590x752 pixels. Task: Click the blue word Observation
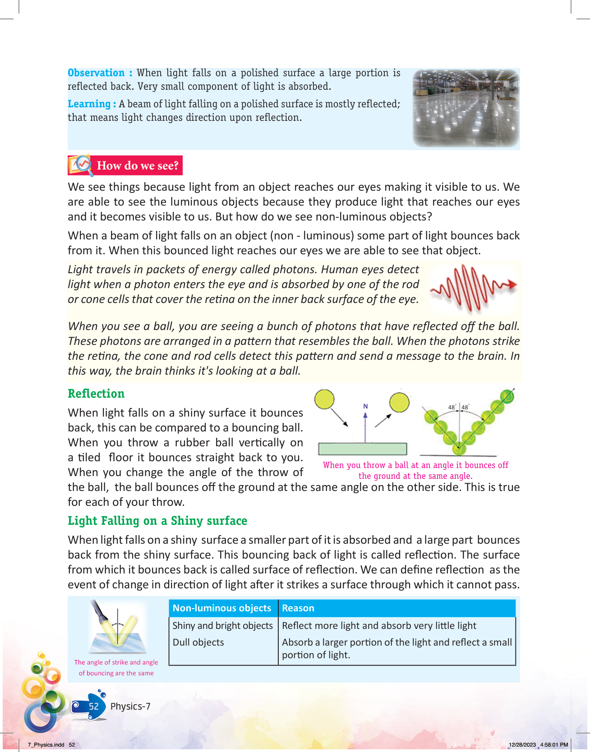96,73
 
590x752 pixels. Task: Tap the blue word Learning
89,104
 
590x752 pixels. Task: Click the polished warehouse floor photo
466,108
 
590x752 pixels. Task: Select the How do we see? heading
138,166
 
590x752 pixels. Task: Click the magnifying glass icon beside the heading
81,165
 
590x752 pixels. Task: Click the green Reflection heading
96,394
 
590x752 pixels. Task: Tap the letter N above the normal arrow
365,406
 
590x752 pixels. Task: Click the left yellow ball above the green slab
324,399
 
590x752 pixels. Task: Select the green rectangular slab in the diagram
363,449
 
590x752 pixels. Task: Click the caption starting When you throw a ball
415,470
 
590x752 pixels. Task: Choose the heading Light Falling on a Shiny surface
157,521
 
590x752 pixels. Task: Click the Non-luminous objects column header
222,608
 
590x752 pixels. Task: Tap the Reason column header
298,608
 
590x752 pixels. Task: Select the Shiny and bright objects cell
223,626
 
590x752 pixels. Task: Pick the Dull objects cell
198,642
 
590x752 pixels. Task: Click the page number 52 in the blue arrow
93,706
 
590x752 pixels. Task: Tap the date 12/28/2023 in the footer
522,745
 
